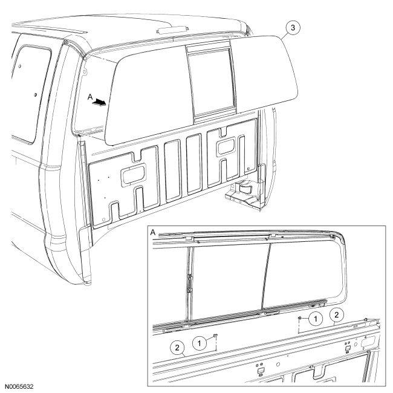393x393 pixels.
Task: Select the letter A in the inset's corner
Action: pos(151,233)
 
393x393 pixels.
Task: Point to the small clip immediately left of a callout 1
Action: pos(300,316)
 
